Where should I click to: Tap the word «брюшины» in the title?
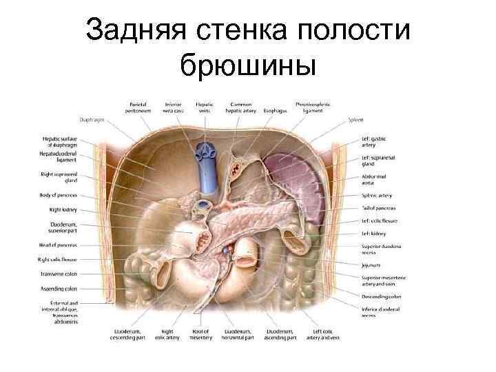point(247,66)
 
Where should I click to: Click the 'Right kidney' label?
point(61,209)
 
